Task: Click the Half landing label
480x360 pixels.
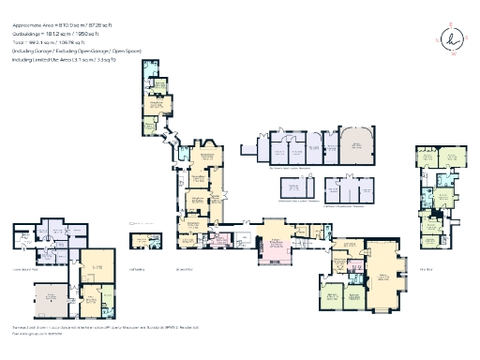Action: [137, 267]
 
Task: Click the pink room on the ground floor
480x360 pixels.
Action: [217, 242]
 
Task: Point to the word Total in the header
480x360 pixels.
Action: [19, 42]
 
